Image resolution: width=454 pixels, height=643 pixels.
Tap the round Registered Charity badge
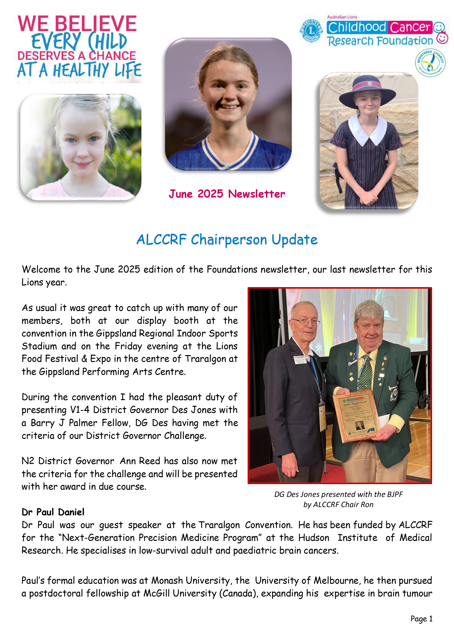(x=430, y=63)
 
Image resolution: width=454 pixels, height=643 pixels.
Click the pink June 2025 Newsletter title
(x=227, y=194)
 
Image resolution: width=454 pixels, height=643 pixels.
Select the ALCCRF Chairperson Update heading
(x=227, y=240)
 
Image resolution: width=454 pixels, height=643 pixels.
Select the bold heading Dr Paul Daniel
(x=53, y=512)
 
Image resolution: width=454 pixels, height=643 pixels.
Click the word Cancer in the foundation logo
(x=410, y=27)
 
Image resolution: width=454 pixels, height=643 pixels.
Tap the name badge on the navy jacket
(x=300, y=359)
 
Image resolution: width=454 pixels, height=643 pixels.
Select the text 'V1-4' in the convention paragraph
(x=79, y=410)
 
